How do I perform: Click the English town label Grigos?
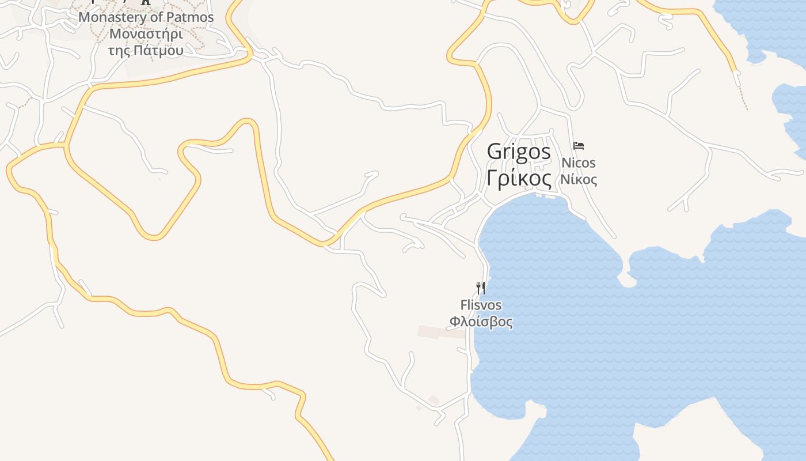click(519, 152)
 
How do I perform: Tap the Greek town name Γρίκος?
click(519, 178)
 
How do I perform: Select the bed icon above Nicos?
click(579, 146)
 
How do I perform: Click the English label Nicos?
click(579, 163)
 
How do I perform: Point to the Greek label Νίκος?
click(579, 179)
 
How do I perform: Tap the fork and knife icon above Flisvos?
click(481, 288)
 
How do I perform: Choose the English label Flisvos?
click(481, 305)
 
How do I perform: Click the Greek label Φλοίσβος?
click(481, 322)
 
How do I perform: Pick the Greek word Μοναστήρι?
click(146, 33)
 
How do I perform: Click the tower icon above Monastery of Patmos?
click(146, 2)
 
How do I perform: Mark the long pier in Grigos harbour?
click(543, 197)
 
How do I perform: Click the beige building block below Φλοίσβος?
click(441, 332)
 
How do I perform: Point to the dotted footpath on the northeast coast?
click(743, 92)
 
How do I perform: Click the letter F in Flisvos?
click(463, 305)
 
